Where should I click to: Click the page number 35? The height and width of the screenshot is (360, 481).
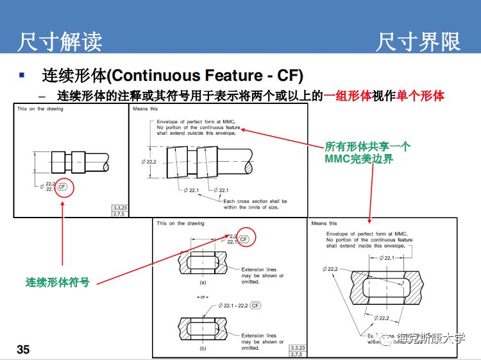(x=23, y=350)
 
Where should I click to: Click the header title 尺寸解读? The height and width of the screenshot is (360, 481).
(x=60, y=42)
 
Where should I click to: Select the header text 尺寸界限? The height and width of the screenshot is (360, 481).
(x=418, y=42)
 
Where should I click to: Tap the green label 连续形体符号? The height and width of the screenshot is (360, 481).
(x=58, y=282)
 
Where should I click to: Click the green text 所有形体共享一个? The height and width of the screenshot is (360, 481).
(x=367, y=146)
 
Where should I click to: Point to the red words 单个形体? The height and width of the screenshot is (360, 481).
(x=421, y=96)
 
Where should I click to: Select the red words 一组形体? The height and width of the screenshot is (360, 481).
(x=348, y=96)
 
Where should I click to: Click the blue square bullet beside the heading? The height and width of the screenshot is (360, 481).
(x=22, y=75)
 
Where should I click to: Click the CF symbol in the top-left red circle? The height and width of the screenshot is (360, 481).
(x=62, y=187)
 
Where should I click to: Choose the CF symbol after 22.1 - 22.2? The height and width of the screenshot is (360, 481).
(x=255, y=305)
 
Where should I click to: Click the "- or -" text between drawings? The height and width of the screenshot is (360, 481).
(x=202, y=297)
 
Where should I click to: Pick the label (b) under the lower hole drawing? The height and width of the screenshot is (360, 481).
(x=203, y=349)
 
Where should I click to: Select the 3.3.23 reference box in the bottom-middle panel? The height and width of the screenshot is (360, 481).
(x=296, y=347)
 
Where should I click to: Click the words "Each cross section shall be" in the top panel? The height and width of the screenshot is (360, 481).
(x=255, y=201)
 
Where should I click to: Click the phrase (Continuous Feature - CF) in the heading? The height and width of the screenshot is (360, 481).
(x=205, y=75)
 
